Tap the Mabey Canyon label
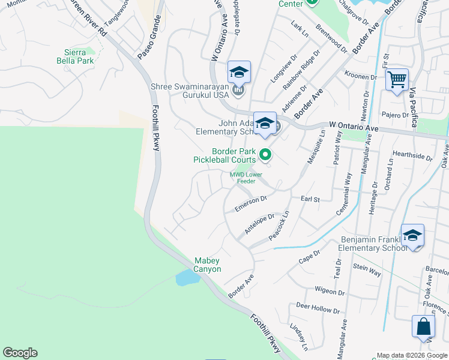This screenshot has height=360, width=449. coord(208,265)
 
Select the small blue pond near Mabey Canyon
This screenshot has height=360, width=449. coord(187,278)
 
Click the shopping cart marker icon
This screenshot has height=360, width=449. coord(397,79)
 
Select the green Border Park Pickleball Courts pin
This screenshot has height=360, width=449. coord(265,155)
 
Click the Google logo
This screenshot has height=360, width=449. coord(20,352)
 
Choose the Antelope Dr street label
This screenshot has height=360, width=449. coord(259,224)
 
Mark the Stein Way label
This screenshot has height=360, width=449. coord(367,270)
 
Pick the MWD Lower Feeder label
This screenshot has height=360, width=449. coord(246,178)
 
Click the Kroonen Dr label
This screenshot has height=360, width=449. coord(361,76)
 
